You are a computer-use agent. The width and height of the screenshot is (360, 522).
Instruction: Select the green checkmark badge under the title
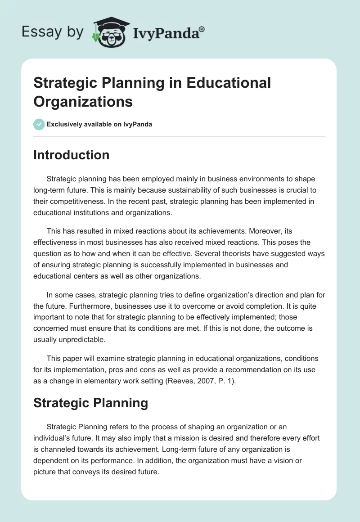[x=39, y=124]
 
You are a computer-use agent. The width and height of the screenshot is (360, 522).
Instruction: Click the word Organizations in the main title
[x=83, y=101]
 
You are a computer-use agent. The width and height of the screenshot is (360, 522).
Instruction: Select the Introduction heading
[x=72, y=155]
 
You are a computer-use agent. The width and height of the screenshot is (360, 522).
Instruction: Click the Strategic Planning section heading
[x=90, y=403]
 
